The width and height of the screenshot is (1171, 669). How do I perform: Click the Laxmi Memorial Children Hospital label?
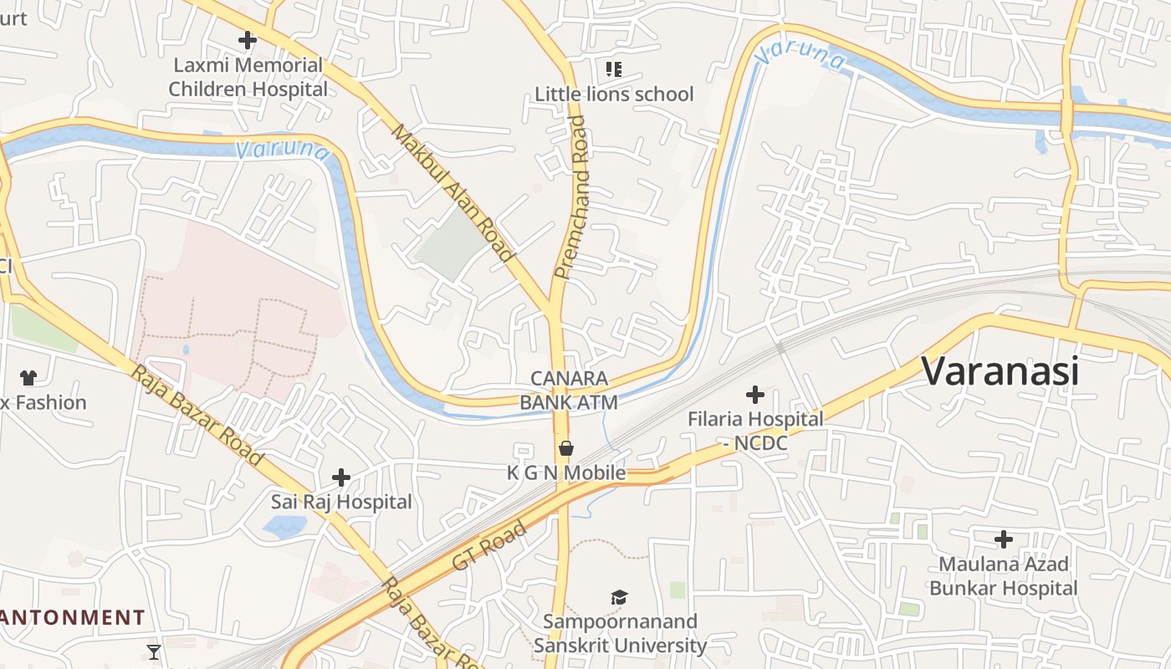tap(248, 77)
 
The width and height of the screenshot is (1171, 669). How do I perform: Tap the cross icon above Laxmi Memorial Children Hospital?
tap(247, 39)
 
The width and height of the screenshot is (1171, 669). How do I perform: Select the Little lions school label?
tap(614, 94)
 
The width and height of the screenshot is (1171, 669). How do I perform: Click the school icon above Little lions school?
tap(614, 69)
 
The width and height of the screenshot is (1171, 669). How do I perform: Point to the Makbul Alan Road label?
tap(452, 193)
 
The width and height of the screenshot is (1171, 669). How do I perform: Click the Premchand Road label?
tap(573, 197)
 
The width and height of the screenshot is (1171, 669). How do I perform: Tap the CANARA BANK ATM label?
tap(569, 391)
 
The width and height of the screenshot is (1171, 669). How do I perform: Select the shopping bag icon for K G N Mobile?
tap(566, 449)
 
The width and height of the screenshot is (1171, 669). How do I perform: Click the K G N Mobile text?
tap(566, 473)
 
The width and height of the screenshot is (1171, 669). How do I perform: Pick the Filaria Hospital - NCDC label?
tap(755, 431)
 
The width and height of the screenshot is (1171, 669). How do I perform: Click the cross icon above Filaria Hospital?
tap(755, 394)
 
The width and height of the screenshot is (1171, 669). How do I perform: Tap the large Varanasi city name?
tap(1000, 370)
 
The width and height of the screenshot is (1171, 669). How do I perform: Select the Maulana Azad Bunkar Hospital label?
tap(1003, 576)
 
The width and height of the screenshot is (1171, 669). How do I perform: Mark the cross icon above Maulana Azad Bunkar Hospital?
tap(1003, 539)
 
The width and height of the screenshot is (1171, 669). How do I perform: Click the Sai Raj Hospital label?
tap(341, 502)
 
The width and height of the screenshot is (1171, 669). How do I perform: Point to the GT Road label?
tap(489, 545)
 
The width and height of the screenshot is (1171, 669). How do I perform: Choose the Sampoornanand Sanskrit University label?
tap(620, 634)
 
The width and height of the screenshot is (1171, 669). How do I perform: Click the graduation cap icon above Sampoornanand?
tap(619, 597)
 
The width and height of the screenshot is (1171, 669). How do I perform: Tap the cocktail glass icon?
tap(154, 651)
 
